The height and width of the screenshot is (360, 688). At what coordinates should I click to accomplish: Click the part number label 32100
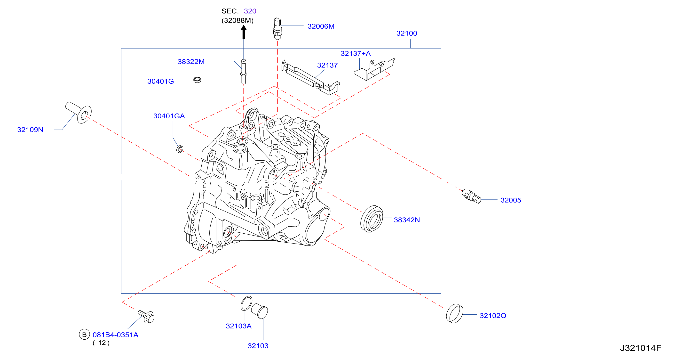click(406, 33)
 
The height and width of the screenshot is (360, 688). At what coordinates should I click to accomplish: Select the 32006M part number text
click(321, 26)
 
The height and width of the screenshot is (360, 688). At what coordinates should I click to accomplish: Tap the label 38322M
click(191, 62)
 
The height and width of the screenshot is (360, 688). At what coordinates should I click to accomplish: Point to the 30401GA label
click(169, 116)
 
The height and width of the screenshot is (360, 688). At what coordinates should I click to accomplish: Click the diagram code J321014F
click(641, 348)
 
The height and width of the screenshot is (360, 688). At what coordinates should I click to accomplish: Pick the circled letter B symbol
click(84, 334)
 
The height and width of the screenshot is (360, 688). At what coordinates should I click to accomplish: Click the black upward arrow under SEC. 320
click(243, 32)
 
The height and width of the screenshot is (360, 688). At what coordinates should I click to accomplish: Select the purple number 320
click(250, 11)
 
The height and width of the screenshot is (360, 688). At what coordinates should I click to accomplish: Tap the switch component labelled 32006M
click(277, 29)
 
